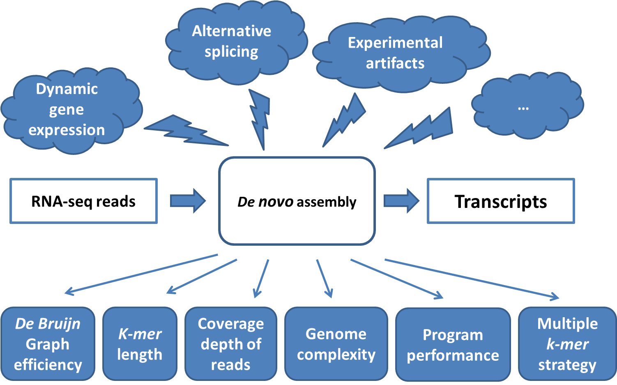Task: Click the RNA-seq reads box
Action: coord(83,201)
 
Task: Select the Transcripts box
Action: coord(500,201)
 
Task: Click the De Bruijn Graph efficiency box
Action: coord(48,344)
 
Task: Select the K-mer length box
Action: coord(140,344)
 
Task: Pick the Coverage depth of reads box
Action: coord(231,344)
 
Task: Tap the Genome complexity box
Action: coord(336,344)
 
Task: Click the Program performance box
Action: coord(453,345)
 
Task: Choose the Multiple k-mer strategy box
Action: coord(567,344)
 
